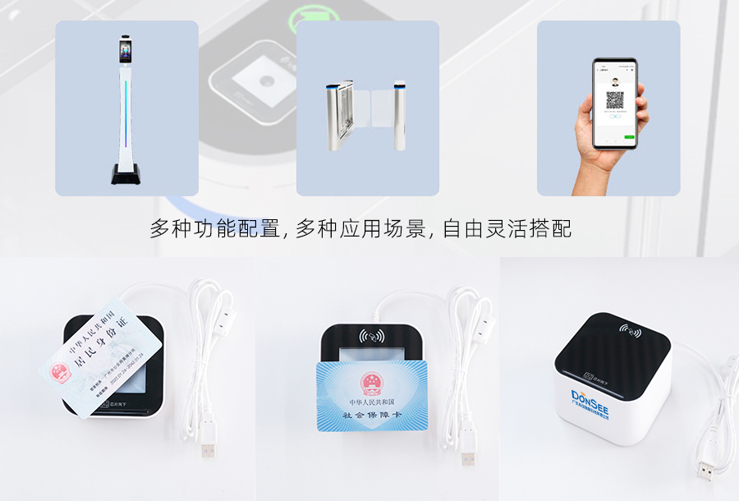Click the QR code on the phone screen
click(615, 101)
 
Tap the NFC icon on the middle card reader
click(371, 336)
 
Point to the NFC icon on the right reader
click(631, 331)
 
